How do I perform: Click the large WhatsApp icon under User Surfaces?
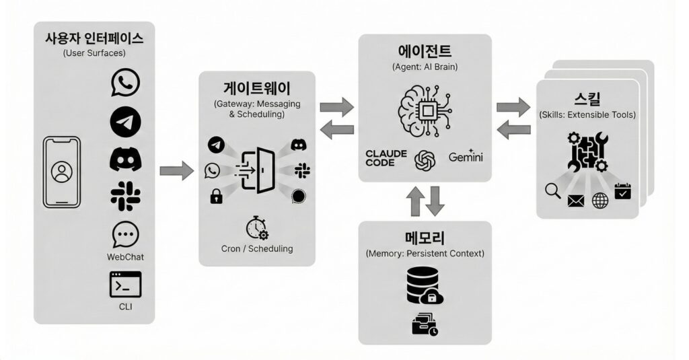point(125,83)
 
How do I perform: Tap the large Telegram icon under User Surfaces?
point(125,121)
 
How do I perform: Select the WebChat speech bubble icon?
point(125,236)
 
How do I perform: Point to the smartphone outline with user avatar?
point(61,172)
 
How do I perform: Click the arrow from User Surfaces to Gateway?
point(177,170)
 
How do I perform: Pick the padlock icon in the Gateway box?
point(216,196)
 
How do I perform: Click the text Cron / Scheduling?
point(257,248)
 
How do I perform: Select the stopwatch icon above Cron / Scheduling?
point(257,227)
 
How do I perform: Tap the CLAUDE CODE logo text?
point(386,158)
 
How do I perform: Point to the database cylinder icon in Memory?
point(421,284)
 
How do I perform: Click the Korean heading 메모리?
point(425,238)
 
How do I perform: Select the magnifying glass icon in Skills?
point(553,191)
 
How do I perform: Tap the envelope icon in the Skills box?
point(575,201)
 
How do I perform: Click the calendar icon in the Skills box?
point(623,191)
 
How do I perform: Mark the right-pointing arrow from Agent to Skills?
point(513,106)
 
